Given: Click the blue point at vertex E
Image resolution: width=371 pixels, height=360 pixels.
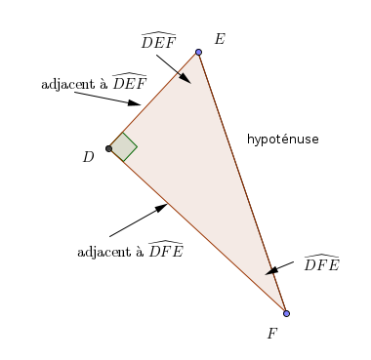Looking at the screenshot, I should pos(198,52).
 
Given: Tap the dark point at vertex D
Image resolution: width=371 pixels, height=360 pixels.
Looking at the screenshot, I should pos(108,148).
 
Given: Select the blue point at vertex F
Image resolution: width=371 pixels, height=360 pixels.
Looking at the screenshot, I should pos(286,313).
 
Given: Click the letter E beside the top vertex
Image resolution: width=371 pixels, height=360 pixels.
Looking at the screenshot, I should pos(220,39).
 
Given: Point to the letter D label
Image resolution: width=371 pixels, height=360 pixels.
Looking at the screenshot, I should pos(88,156).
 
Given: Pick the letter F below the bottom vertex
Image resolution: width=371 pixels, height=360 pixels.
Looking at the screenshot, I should pos(272,333).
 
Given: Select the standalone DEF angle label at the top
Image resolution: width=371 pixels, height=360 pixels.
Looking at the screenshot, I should pos(158,41).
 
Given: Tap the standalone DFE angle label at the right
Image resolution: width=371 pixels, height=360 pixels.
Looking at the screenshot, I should pos(321,263).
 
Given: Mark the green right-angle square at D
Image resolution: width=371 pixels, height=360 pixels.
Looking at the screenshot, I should pos(123,147).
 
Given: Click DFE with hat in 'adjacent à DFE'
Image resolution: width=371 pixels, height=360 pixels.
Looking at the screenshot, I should pos(165,250).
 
